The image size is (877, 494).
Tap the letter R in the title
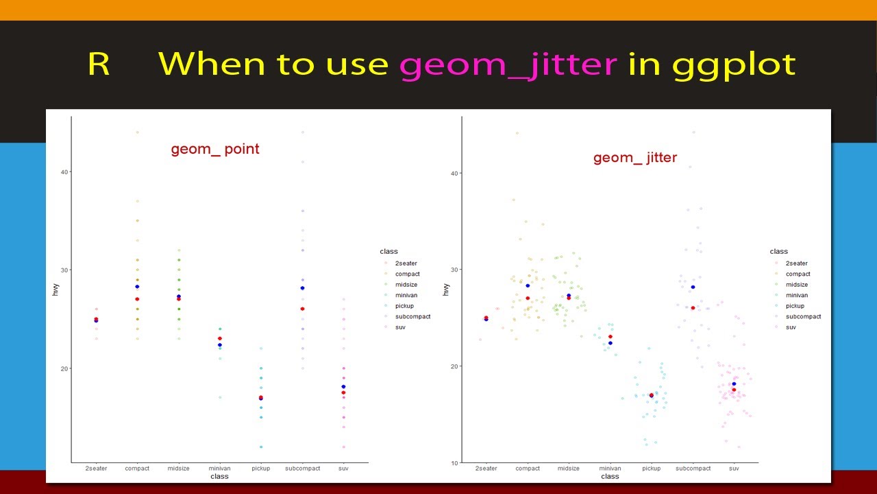tap(99, 64)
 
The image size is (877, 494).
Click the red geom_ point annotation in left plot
tap(215, 149)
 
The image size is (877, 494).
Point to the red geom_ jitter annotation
tap(635, 158)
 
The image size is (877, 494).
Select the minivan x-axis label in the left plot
tap(219, 469)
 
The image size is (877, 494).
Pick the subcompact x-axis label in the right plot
tap(693, 469)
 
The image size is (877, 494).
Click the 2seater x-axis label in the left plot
tap(96, 469)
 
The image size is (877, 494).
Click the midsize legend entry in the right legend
tap(796, 285)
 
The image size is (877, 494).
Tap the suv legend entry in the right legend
tap(791, 327)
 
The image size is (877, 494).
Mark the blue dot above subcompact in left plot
tap(302, 288)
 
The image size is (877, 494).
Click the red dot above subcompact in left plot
tap(302, 309)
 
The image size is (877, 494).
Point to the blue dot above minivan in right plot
tap(610, 343)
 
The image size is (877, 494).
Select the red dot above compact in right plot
tap(528, 298)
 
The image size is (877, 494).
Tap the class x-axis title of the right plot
tap(610, 476)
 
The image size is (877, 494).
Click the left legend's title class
tap(388, 252)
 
